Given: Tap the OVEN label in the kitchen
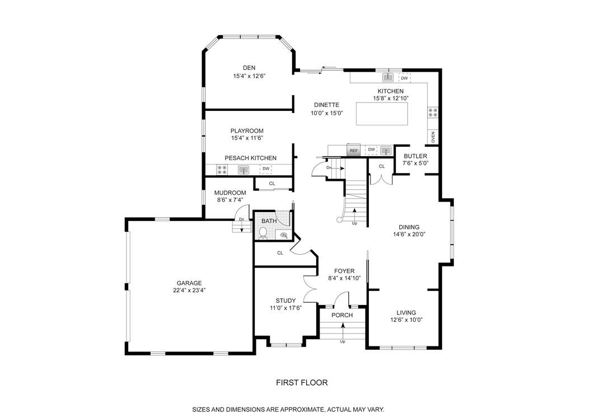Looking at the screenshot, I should [x=433, y=137].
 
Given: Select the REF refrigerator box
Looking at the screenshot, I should [x=353, y=151].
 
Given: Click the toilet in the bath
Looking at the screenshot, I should [x=263, y=232].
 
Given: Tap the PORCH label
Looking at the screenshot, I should [x=342, y=315].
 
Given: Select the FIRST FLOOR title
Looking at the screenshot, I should [x=302, y=383].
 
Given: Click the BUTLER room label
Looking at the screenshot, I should [x=415, y=156].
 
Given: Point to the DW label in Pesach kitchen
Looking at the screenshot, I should [x=266, y=168].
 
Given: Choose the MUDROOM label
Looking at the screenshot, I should [x=230, y=193].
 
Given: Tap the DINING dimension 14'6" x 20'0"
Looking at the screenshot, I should [x=409, y=235].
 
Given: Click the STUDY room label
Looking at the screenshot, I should [x=285, y=300].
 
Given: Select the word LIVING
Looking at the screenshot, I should [x=406, y=313].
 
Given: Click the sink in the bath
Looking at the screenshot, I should [x=284, y=236].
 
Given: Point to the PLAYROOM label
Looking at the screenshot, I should [x=247, y=131].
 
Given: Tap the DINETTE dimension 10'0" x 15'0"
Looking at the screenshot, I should [x=326, y=113].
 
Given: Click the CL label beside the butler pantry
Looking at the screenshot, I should [x=382, y=166].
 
